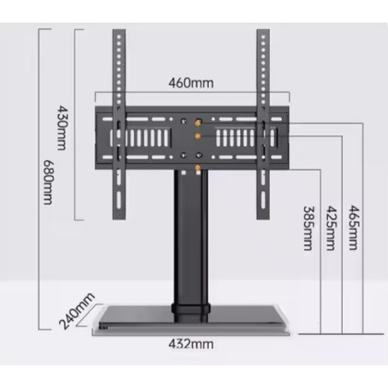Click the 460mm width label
click(x=191, y=83)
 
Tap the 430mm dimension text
click(x=61, y=128)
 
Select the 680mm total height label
click(x=48, y=182)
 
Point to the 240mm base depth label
click(x=77, y=311)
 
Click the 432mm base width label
click(x=191, y=344)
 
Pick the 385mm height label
click(x=308, y=228)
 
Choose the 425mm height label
click(x=331, y=228)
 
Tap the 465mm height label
click(x=353, y=228)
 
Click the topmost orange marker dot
click(x=198, y=123)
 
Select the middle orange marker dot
click(x=197, y=136)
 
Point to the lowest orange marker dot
click(x=197, y=168)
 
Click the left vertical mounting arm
click(x=119, y=124)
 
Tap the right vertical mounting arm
click(x=263, y=124)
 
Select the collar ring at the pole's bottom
click(x=191, y=309)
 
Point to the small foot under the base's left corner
click(x=103, y=328)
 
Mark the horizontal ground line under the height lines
click(x=341, y=334)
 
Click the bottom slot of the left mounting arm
click(x=119, y=200)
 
